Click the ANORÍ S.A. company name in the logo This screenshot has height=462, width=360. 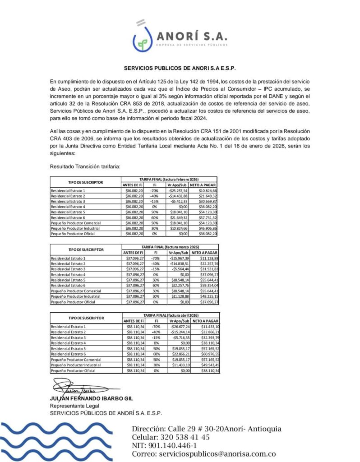191,36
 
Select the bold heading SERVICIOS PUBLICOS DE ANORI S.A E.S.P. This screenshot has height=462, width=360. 180,69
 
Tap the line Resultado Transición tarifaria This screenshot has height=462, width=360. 85,166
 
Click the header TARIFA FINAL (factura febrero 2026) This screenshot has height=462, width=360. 170,180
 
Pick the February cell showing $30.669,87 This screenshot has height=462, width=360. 206,201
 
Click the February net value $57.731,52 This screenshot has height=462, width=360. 206,217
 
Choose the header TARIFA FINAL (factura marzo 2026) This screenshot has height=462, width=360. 170,247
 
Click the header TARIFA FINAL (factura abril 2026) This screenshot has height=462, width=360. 170,315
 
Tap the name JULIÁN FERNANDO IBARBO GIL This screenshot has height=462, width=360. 92,399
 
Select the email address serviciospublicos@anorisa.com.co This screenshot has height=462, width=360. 217,454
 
